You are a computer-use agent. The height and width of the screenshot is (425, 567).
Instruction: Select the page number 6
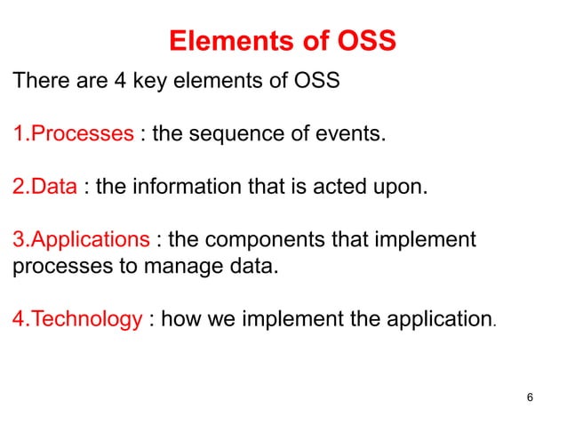(x=530, y=396)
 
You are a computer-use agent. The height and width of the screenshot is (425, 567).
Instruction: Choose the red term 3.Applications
(x=80, y=239)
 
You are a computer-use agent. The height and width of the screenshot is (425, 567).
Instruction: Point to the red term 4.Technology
(x=76, y=318)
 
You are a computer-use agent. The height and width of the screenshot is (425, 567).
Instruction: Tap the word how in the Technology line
(x=181, y=318)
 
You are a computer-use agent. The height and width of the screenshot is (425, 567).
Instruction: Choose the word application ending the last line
(x=437, y=318)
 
